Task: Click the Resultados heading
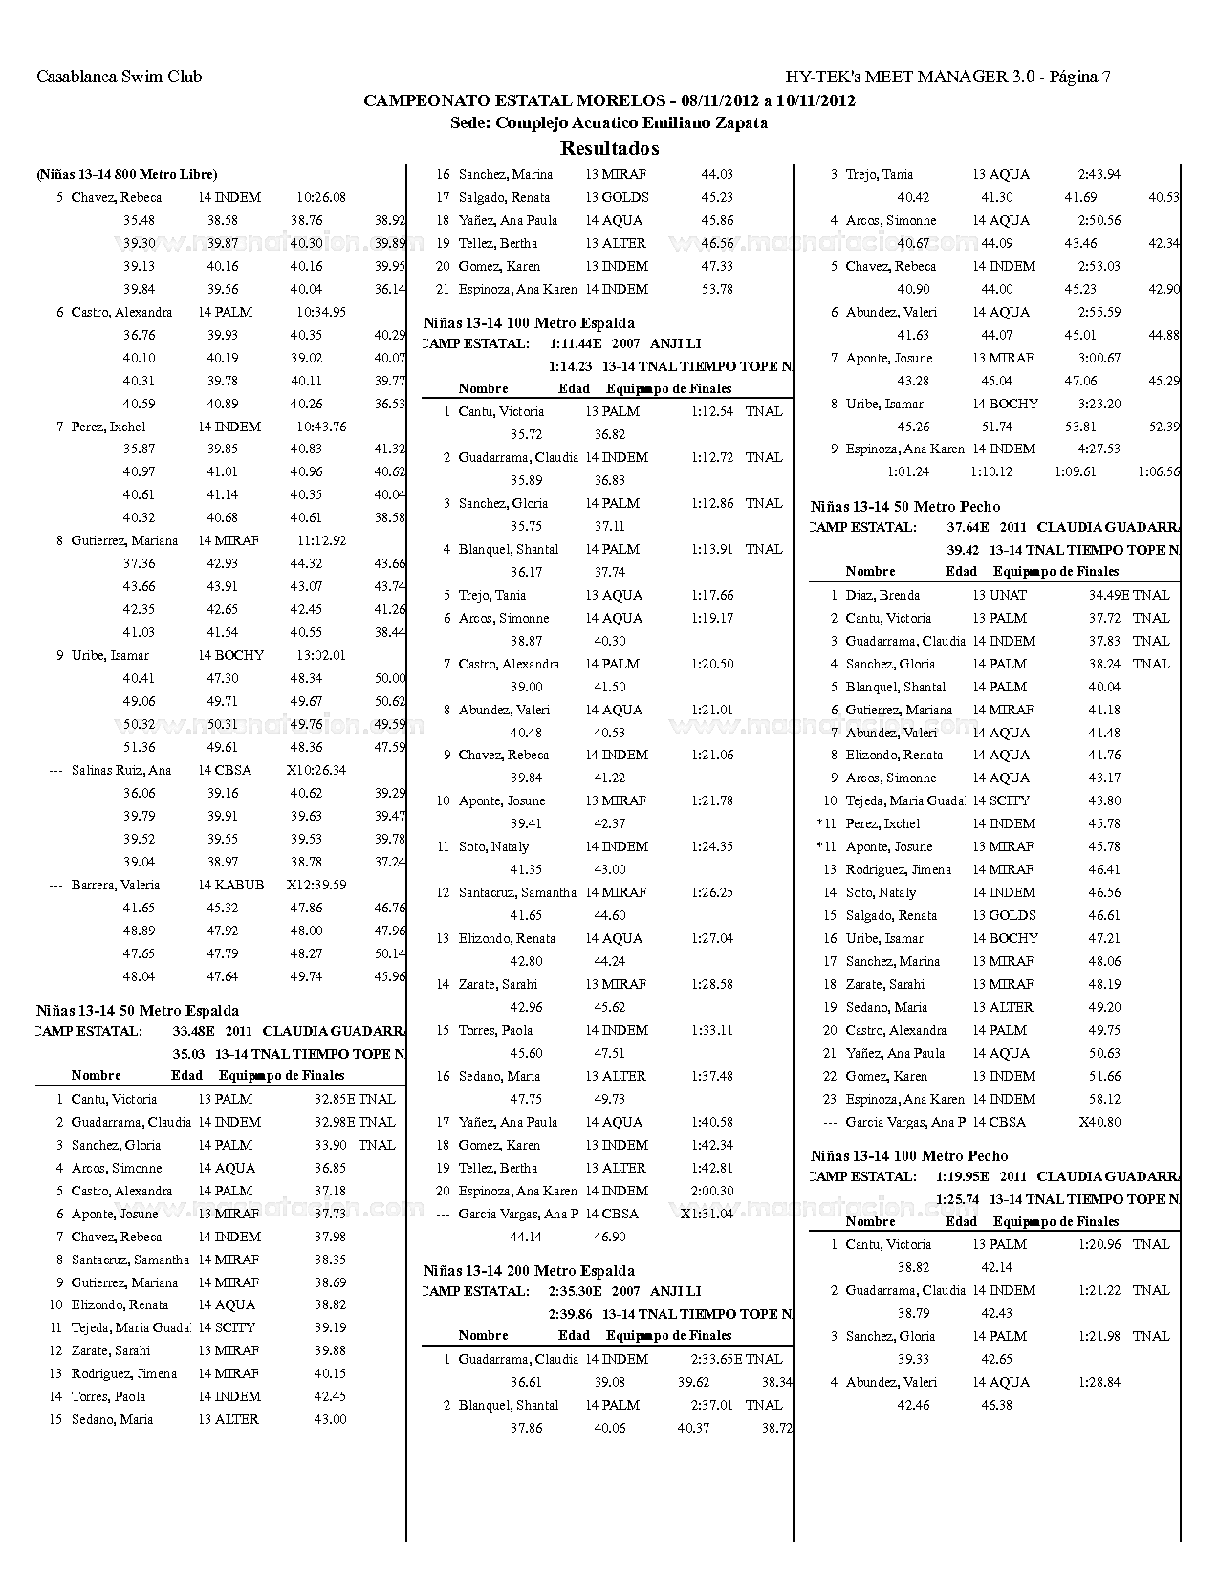609,148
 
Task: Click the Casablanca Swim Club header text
119,77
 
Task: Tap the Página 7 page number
1079,77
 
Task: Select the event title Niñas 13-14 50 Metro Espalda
138,1011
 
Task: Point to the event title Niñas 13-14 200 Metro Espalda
529,1271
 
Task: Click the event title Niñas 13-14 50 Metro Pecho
905,507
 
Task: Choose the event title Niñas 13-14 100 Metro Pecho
909,1156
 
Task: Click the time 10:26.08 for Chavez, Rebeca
320,198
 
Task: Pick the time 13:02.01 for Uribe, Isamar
320,656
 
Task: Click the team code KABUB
239,886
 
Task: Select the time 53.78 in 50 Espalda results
717,290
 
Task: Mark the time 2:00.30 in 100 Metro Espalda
712,1192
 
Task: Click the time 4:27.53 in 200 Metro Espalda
1099,449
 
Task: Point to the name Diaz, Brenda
882,596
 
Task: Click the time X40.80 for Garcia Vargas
1099,1123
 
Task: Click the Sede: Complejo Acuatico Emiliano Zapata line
609,123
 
